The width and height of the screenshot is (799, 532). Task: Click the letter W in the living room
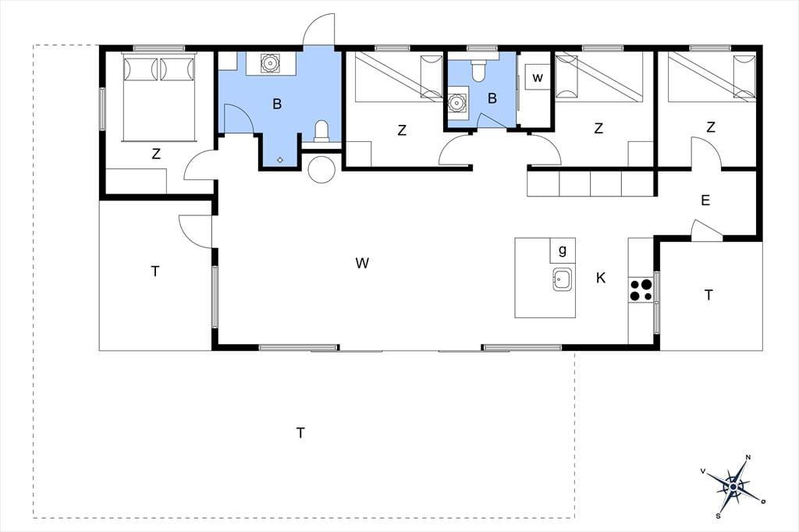362,263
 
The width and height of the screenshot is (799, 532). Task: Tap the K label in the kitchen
601,278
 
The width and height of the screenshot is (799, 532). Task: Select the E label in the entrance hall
705,200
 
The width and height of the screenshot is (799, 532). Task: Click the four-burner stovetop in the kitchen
641,290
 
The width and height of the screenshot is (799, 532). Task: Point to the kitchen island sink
562,279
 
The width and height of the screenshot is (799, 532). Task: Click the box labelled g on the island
563,250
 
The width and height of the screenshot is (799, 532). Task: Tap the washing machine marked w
537,77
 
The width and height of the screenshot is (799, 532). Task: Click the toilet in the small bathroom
478,69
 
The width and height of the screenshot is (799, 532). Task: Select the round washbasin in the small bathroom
457,102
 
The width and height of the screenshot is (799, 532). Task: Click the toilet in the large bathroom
321,131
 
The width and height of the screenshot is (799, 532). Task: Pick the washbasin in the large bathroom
268,62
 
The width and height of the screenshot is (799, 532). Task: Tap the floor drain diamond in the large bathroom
280,159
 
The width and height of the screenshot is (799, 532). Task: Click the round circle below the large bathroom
321,169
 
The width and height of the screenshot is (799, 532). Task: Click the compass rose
733,487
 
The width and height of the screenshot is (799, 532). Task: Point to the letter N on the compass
748,457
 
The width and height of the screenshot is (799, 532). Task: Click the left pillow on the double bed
140,69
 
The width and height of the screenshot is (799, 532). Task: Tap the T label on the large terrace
300,433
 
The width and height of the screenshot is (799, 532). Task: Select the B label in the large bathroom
277,104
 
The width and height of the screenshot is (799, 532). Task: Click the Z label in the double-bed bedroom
156,154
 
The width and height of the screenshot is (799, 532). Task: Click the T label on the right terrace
708,295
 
